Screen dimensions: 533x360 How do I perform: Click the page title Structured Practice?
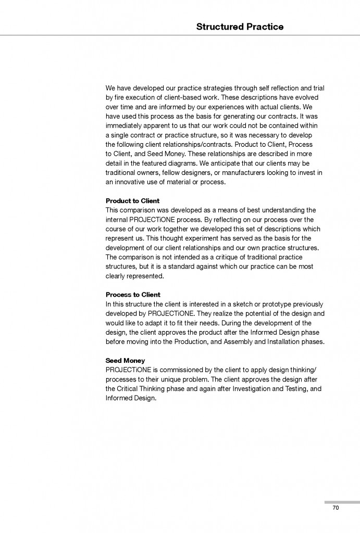[x=240, y=27]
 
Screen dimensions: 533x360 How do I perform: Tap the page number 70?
[x=336, y=508]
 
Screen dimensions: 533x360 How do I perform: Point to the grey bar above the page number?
[x=342, y=502]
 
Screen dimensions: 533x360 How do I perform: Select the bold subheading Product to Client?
[x=132, y=201]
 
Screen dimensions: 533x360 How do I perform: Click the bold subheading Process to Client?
[x=133, y=295]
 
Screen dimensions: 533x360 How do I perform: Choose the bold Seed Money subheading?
[x=125, y=360]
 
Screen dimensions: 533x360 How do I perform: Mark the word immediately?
[x=127, y=125]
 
